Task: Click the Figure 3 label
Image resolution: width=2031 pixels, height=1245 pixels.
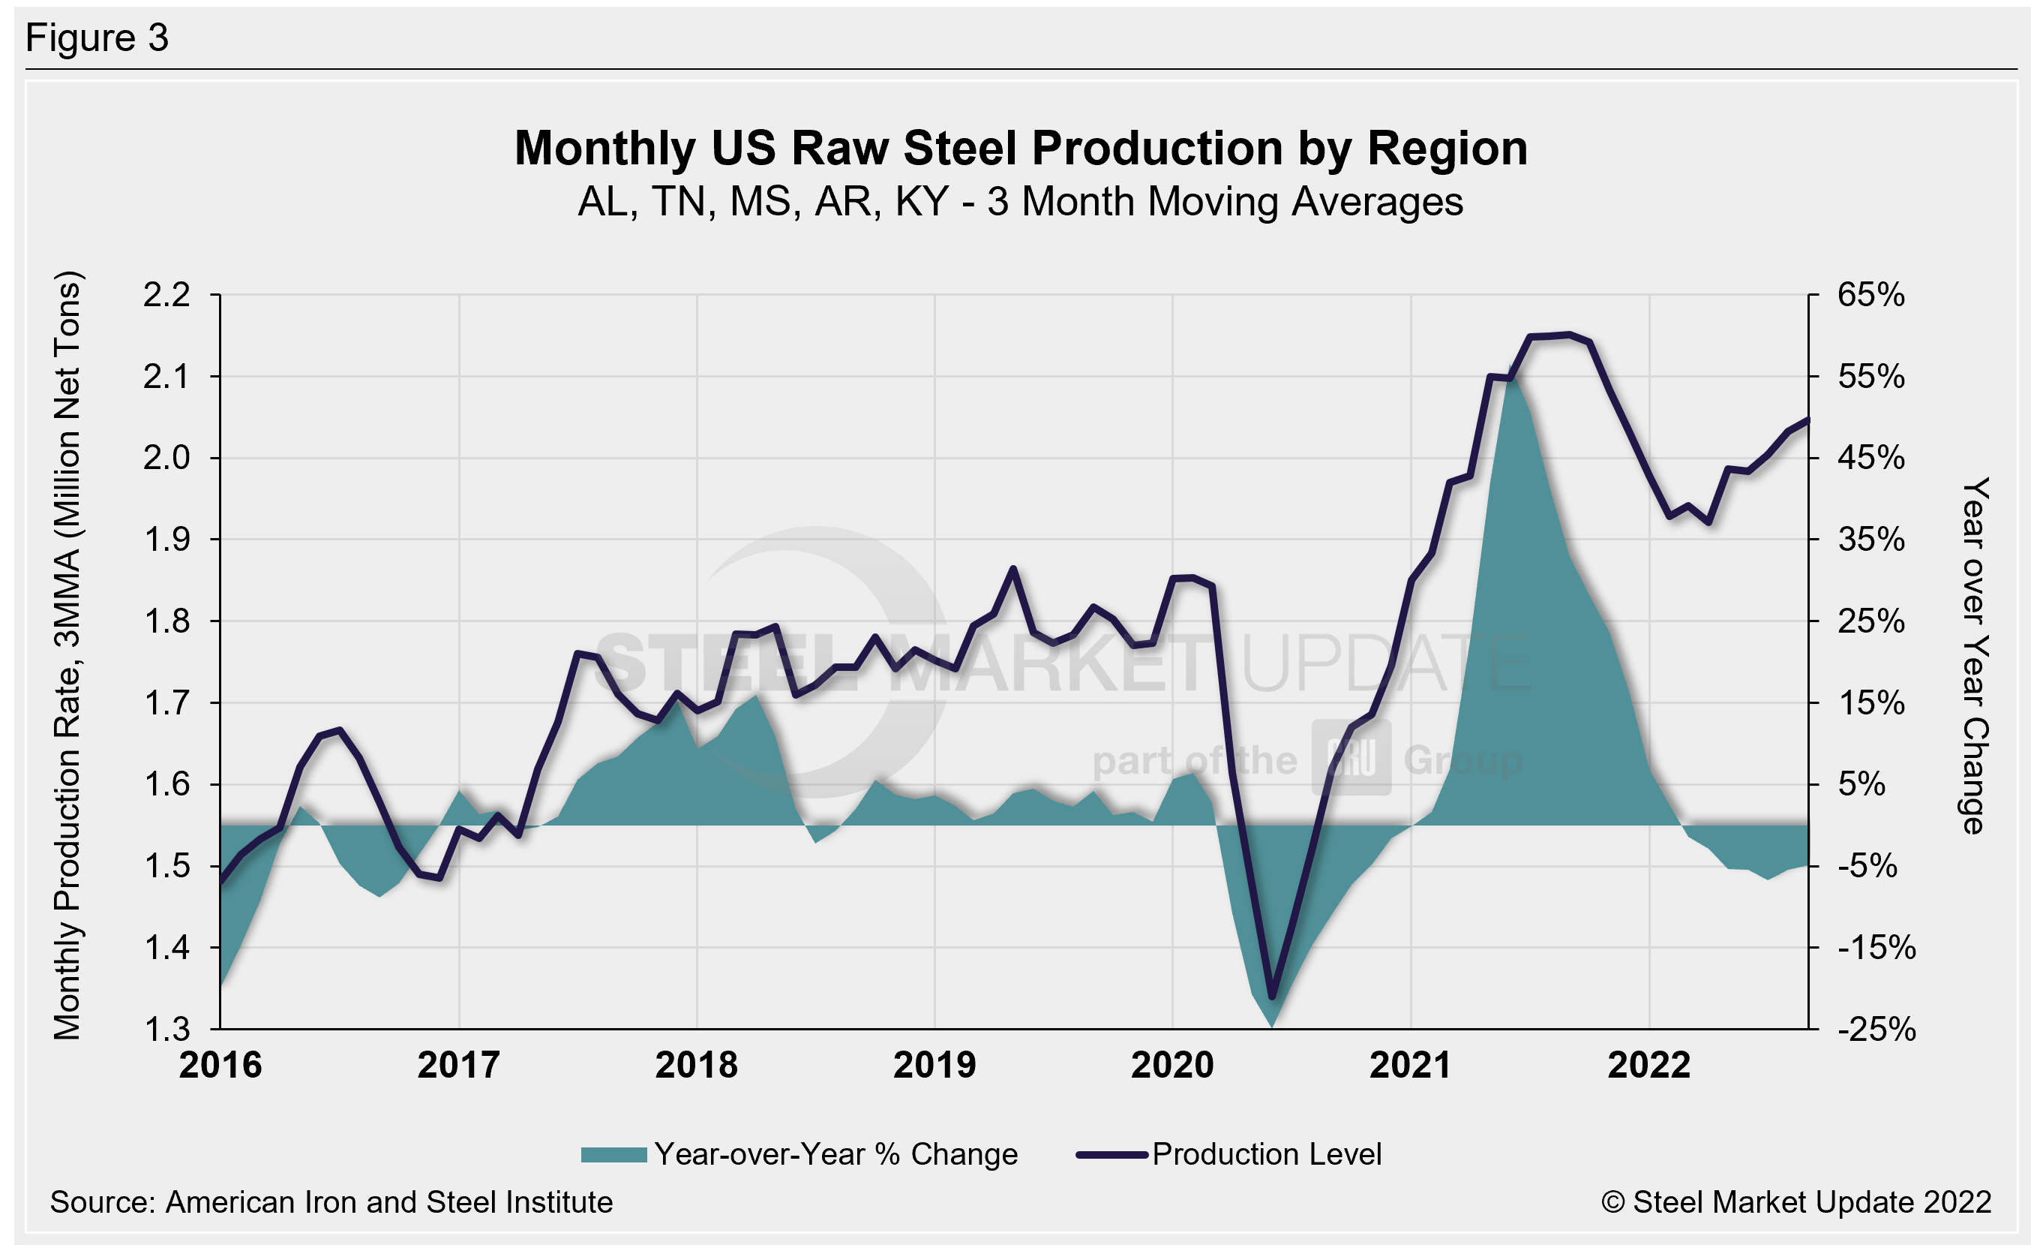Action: pyautogui.click(x=97, y=38)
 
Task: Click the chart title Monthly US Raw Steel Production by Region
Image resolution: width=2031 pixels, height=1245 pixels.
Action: pyautogui.click(x=1021, y=149)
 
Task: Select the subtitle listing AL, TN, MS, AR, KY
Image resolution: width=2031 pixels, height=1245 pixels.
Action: pyautogui.click(x=1021, y=202)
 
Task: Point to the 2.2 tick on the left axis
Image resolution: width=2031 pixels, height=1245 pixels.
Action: pyautogui.click(x=166, y=295)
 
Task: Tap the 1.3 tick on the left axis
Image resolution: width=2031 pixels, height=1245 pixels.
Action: pyautogui.click(x=166, y=1029)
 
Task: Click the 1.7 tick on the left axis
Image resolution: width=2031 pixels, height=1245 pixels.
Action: pyautogui.click(x=166, y=703)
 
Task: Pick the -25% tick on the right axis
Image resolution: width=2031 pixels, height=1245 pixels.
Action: pyautogui.click(x=1876, y=1029)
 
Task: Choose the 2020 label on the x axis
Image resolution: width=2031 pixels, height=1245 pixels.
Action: pyautogui.click(x=1172, y=1065)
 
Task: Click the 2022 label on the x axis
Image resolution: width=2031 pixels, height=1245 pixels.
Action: pyautogui.click(x=1648, y=1065)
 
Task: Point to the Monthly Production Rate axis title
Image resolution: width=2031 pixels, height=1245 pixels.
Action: pyautogui.click(x=67, y=655)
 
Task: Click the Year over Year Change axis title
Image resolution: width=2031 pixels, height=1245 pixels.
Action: pyautogui.click(x=1975, y=655)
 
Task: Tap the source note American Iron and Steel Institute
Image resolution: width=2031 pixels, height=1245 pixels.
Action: pyautogui.click(x=331, y=1202)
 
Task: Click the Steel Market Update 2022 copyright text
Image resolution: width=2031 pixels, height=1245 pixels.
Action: pyautogui.click(x=1796, y=1202)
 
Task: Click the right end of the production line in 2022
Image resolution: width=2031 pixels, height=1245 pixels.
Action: pyautogui.click(x=1807, y=420)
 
